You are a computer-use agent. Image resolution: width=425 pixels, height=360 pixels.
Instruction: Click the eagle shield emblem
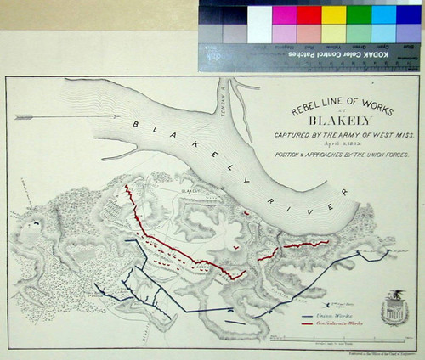pyautogui.click(x=393, y=306)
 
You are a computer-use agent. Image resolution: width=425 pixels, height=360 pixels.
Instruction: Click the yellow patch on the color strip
pyautogui.click(x=334, y=15)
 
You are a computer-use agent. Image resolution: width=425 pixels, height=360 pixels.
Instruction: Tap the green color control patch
pyautogui.click(x=360, y=15)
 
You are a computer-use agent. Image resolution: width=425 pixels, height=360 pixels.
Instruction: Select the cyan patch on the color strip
pyautogui.click(x=384, y=15)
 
